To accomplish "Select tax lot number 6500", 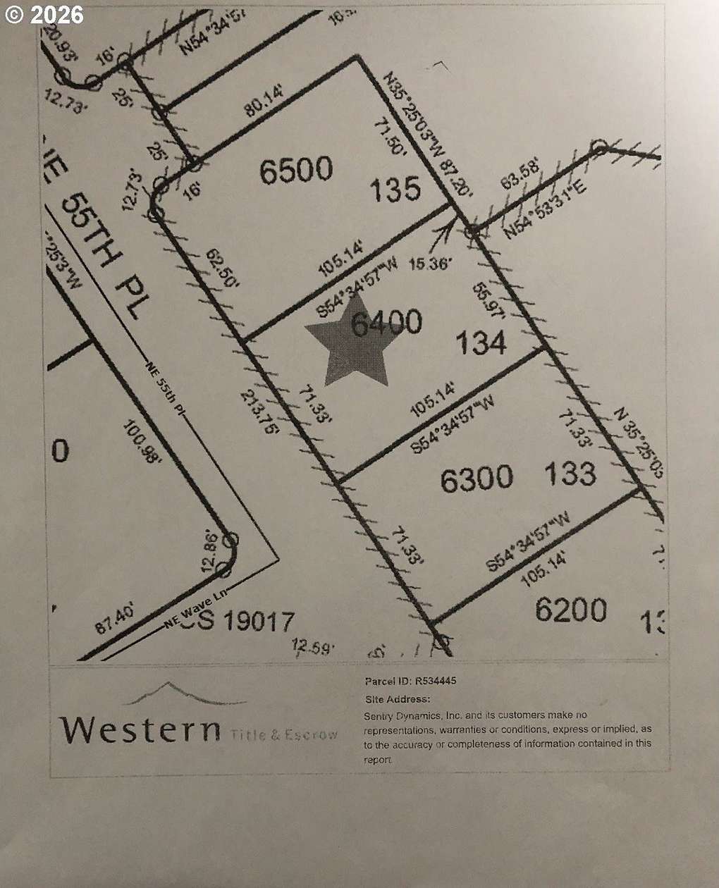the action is click(296, 171).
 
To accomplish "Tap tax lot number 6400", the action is click(387, 323).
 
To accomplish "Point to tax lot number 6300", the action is click(477, 479).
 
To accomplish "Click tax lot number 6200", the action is click(571, 610).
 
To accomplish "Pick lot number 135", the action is click(396, 189).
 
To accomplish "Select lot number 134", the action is click(481, 343).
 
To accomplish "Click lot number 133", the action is click(570, 474).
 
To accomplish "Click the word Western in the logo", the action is click(140, 729).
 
